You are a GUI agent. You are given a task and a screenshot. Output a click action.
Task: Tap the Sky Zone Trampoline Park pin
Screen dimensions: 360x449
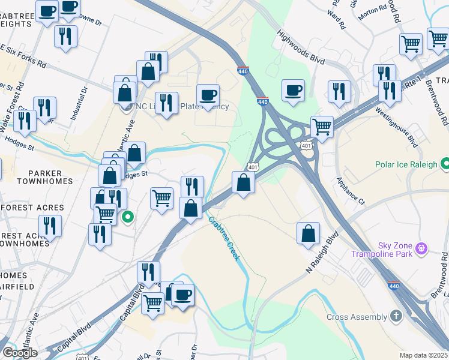[x=422, y=247]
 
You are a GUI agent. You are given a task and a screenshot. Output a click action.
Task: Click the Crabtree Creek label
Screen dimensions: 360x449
[x=224, y=239]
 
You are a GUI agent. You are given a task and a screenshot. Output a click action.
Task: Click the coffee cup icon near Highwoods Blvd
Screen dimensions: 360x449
[x=294, y=91]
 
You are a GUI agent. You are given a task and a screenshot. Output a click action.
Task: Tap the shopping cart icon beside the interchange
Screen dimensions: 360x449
[x=322, y=127]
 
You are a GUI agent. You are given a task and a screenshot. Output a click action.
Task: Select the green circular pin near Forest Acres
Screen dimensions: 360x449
[x=127, y=217]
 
